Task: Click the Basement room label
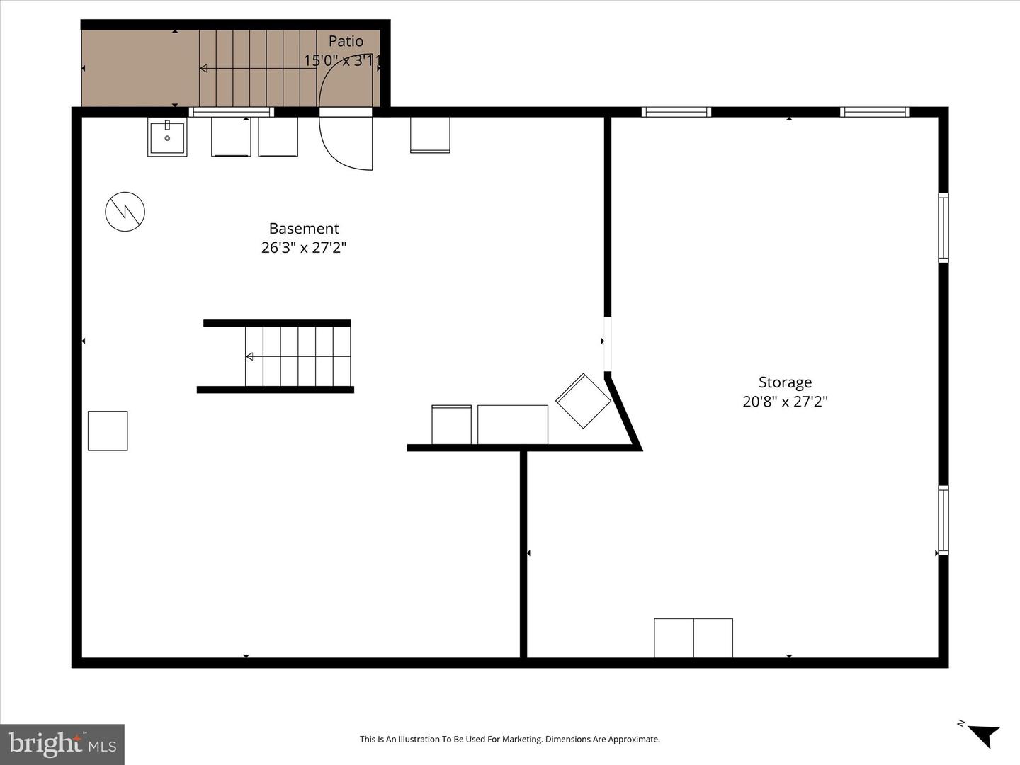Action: (x=304, y=229)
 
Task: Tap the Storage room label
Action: (x=785, y=382)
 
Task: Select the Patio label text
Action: (x=346, y=42)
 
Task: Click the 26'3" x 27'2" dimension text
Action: (x=304, y=248)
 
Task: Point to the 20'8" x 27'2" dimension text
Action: (x=785, y=402)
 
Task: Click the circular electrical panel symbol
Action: (x=125, y=211)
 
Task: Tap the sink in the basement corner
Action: (x=167, y=137)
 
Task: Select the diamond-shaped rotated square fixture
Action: (x=583, y=401)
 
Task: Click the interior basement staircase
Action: (x=297, y=356)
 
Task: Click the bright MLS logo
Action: (x=62, y=744)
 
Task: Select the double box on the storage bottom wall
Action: (x=693, y=637)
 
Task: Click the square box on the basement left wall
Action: (x=108, y=431)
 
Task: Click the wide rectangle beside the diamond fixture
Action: (x=513, y=424)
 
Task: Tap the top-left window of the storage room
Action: (x=676, y=112)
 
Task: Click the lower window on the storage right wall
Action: (x=943, y=521)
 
